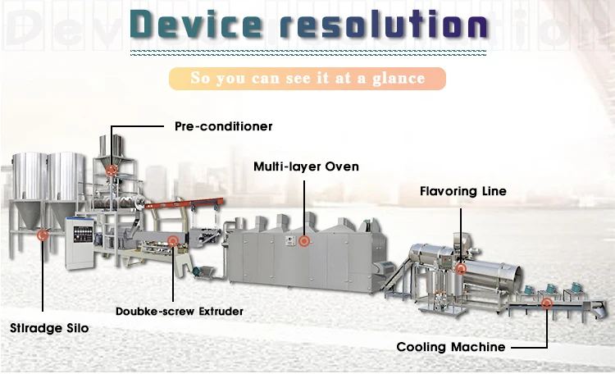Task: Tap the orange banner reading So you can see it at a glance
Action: coord(307,79)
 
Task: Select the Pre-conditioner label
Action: coord(223,127)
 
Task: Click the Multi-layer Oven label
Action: coord(306,166)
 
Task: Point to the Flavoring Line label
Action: coord(463,192)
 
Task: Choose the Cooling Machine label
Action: coord(451,347)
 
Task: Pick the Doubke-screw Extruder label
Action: coord(180,312)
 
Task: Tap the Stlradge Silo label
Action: coord(49,328)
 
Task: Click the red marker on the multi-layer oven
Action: coord(304,241)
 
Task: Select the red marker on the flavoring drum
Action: coord(462,268)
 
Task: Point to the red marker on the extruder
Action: coord(173,240)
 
